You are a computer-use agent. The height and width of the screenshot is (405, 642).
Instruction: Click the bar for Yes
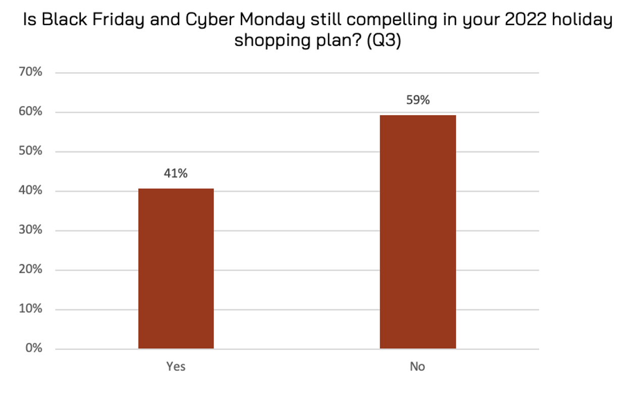tap(176, 268)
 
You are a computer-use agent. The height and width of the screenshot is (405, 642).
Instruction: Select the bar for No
tap(417, 232)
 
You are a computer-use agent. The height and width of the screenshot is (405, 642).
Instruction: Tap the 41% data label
tap(176, 173)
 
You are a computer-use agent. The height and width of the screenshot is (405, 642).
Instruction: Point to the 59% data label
tap(418, 100)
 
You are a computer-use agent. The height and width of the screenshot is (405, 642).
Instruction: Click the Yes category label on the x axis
tap(176, 367)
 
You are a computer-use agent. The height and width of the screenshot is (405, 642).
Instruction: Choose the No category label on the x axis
tap(417, 367)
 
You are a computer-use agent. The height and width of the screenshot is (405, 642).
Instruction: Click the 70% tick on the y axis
tap(31, 72)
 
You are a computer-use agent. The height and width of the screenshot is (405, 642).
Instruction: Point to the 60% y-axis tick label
tap(31, 112)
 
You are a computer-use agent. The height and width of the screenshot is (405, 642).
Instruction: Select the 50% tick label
tap(31, 151)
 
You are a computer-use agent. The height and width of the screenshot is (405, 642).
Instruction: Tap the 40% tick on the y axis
tap(31, 190)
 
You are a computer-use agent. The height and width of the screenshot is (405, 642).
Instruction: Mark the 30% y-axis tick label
tap(31, 230)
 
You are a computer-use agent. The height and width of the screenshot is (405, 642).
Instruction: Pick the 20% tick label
tap(31, 269)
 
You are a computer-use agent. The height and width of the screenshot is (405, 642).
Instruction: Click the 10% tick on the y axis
tap(31, 309)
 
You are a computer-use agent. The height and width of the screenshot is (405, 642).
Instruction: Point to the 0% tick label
tap(34, 348)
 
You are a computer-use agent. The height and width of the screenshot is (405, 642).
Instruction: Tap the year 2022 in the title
tap(515, 20)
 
